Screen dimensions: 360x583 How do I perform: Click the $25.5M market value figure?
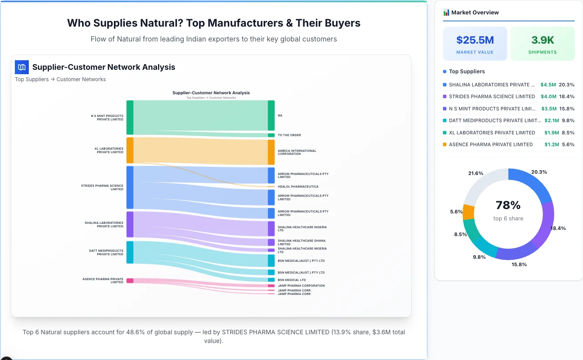coord(475,40)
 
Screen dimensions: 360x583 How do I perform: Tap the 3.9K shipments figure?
coord(542,40)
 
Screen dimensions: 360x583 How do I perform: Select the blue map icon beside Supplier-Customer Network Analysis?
coord(21,67)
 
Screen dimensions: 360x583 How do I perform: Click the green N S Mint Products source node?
coord(130,117)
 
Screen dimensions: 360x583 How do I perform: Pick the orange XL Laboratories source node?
coord(130,151)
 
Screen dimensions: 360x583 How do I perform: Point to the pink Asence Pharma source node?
coord(130,281)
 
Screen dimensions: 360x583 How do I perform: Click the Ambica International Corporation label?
coord(297,152)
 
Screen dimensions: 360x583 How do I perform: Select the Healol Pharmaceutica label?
coord(298,187)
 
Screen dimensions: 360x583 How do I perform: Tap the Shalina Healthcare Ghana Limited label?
coord(302,242)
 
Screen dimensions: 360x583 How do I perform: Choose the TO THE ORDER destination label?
coord(289,135)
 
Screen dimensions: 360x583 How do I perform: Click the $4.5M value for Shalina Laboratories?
coord(548,85)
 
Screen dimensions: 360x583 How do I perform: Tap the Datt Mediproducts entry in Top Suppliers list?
coord(492,120)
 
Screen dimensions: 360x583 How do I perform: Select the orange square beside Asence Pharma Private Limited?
coord(445,144)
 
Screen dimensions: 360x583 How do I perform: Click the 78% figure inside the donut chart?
coord(508,205)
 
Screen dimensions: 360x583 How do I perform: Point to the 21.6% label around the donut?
coord(476,173)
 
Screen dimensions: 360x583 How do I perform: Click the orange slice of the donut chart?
coord(468,212)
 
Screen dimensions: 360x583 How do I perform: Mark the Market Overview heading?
coord(475,13)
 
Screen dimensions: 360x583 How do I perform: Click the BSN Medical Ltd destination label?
coord(291,280)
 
